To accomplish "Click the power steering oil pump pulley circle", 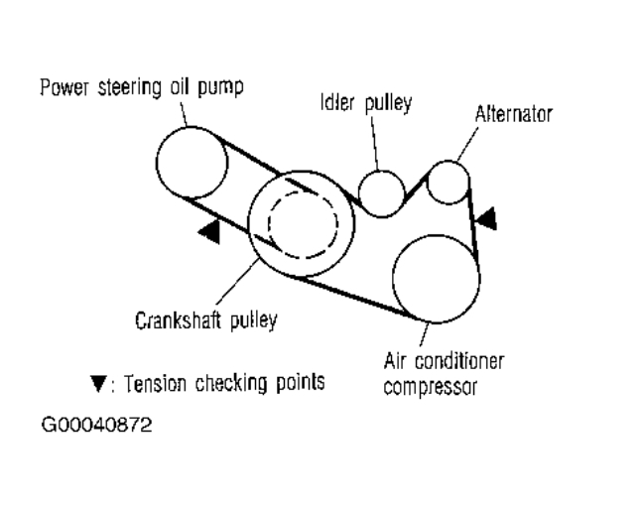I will (x=191, y=162).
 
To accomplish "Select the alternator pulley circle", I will (x=449, y=181).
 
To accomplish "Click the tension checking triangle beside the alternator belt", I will (x=487, y=217).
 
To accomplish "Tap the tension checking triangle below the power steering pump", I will (x=208, y=232).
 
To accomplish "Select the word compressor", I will (x=431, y=386).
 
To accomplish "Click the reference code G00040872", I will (x=96, y=428).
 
